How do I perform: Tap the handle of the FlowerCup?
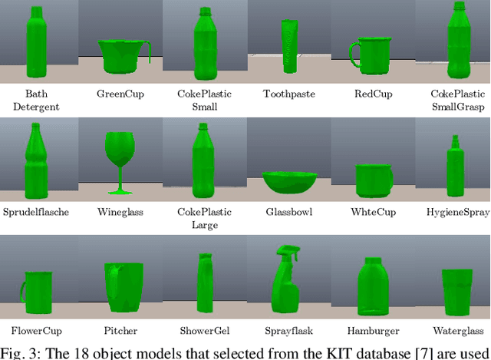(x=24, y=289)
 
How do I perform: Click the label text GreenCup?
(x=120, y=94)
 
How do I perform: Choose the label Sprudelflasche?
(x=33, y=211)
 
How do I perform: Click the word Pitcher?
(x=120, y=332)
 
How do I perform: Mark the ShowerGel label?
(x=204, y=332)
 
